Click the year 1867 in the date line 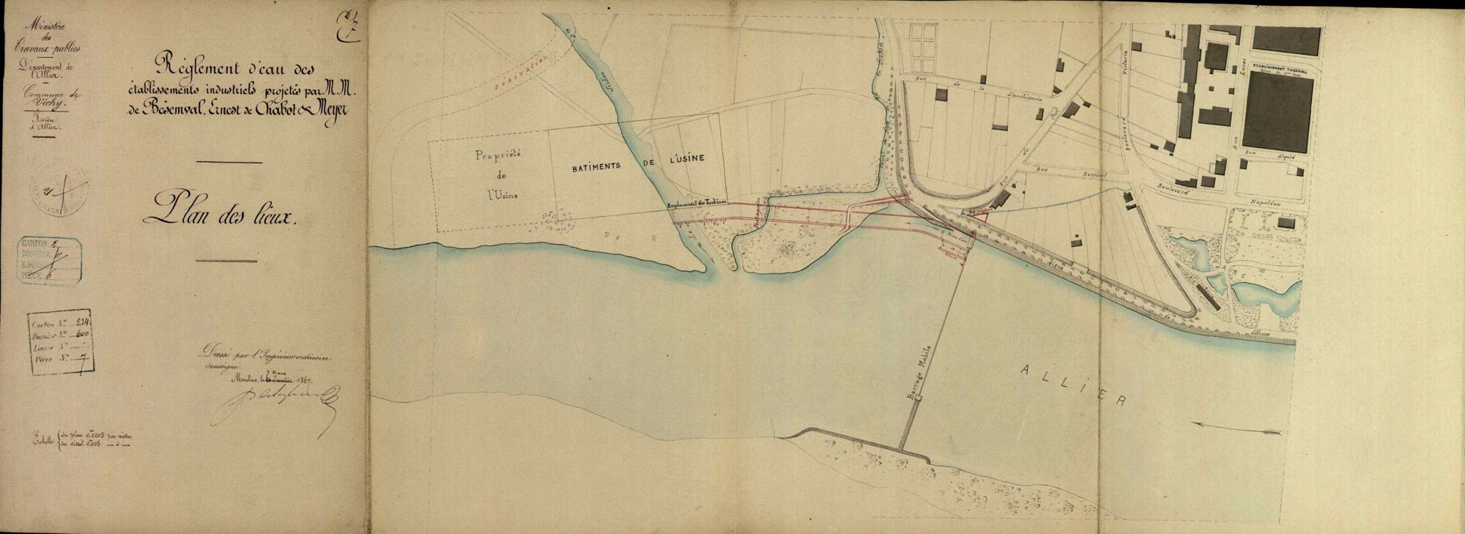tap(299, 379)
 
